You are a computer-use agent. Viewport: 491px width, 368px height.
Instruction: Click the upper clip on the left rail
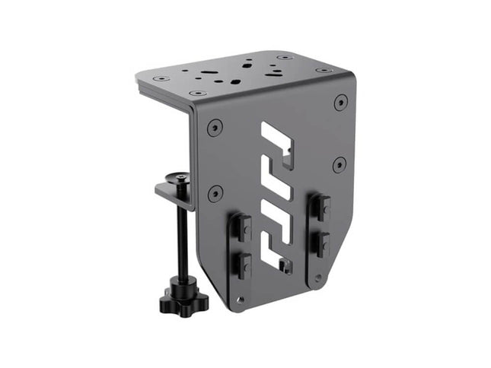(242, 226)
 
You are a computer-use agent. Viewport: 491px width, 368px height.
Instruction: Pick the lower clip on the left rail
(243, 264)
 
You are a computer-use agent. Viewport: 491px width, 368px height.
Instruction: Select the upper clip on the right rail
(322, 205)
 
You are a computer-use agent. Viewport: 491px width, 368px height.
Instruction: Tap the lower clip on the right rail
(322, 243)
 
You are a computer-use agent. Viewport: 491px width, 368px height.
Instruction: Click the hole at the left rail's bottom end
(241, 300)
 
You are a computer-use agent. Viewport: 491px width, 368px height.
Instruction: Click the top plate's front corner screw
(198, 94)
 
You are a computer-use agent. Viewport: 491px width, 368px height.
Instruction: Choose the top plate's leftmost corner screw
(158, 78)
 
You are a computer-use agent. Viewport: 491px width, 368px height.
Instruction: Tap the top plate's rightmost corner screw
(325, 71)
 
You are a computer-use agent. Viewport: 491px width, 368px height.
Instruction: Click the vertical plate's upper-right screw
(341, 102)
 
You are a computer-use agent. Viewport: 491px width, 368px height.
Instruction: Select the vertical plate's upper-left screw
(216, 127)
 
